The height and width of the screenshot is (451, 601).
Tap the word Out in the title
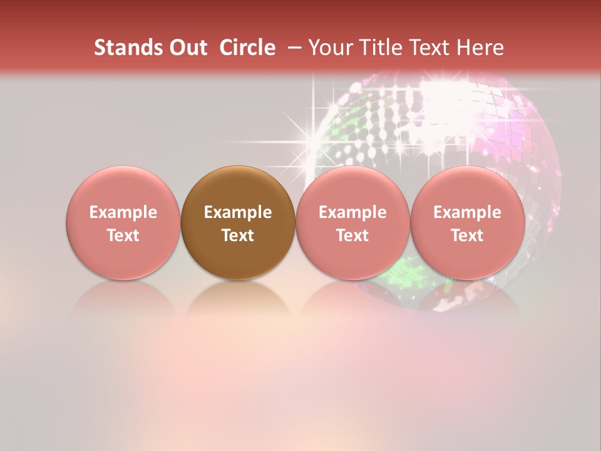186,48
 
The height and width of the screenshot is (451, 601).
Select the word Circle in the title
247,48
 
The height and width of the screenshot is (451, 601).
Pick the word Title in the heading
381,48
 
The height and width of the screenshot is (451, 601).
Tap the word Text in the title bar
429,48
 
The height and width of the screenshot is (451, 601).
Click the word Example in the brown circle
238,212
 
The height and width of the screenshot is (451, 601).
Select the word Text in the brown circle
238,236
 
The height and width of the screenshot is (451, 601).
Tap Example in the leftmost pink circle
123,212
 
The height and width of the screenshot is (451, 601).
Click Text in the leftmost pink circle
123,236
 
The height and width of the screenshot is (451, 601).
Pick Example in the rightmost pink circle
468,212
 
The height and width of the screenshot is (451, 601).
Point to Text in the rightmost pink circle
468,236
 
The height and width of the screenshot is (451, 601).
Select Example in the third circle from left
352,212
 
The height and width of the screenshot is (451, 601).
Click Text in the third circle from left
352,236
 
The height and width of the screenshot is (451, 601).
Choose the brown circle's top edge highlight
238,170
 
